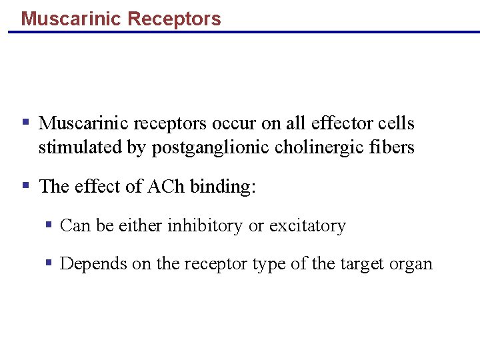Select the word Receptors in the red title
point(174,19)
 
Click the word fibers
point(394,147)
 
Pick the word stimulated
point(80,147)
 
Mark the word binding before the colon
point(221,187)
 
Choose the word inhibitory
point(205,226)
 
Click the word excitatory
point(307,227)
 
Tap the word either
point(141,226)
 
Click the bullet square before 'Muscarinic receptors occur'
point(25,123)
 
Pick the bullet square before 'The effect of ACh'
point(25,185)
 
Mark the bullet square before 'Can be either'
point(49,225)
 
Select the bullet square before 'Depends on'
point(49,263)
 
